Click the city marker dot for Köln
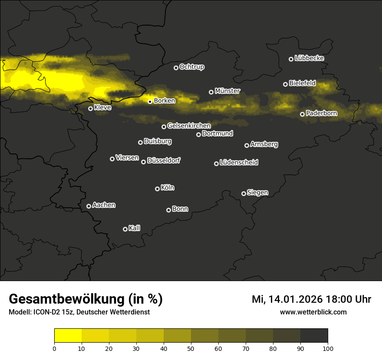(x=157, y=189)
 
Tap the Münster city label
(x=227, y=91)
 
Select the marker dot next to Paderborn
(x=302, y=114)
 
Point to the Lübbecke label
(x=309, y=58)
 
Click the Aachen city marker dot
(x=89, y=206)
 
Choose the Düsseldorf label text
(x=164, y=160)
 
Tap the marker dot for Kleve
(x=90, y=108)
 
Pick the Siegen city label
(x=257, y=193)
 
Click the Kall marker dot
(x=125, y=229)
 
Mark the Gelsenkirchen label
(x=189, y=126)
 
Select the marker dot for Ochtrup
(x=176, y=68)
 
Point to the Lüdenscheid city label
(x=239, y=163)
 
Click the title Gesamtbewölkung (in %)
(x=86, y=299)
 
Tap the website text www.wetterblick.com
(x=313, y=312)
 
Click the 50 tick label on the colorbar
(x=191, y=348)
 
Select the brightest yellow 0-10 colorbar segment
(x=68, y=335)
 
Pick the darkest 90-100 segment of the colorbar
(x=314, y=335)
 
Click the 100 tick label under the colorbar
(x=328, y=348)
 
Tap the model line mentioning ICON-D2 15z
(x=79, y=312)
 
